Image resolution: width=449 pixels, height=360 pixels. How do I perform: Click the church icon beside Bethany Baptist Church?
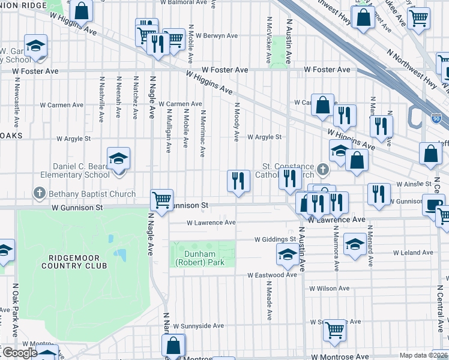(x=40, y=194)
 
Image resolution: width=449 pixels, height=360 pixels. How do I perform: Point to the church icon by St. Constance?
(x=323, y=170)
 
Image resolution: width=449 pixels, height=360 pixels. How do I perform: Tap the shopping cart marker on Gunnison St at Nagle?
(x=162, y=200)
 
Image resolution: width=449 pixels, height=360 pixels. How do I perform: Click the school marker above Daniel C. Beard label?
(x=119, y=159)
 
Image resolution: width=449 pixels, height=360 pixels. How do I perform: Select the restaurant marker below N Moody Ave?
(x=238, y=180)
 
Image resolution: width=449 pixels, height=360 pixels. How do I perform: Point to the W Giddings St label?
(x=276, y=239)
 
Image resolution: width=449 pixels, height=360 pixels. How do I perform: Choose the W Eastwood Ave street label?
(x=273, y=275)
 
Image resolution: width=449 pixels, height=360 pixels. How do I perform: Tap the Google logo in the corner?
(x=19, y=353)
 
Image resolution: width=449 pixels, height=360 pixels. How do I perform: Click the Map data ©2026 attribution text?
(x=423, y=355)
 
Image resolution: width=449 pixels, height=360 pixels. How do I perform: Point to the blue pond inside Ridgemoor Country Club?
(x=120, y=256)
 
